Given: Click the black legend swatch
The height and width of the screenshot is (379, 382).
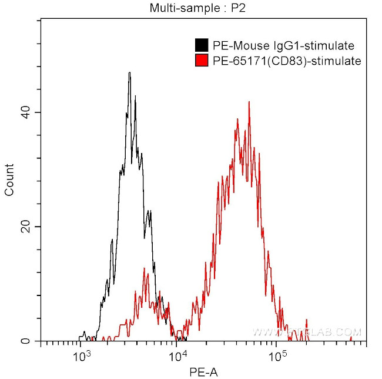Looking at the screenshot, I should tap(202, 45).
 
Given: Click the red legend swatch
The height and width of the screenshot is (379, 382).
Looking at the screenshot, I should tap(202, 60).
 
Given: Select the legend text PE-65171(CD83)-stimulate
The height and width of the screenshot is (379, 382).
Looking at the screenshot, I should tap(286, 60).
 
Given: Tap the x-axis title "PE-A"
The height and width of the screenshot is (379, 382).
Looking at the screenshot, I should tap(203, 372).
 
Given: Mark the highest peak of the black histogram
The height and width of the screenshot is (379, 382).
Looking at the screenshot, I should tap(129, 73).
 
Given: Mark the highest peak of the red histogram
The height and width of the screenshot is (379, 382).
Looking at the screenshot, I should tap(249, 102).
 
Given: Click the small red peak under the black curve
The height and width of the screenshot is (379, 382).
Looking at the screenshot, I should tap(145, 270).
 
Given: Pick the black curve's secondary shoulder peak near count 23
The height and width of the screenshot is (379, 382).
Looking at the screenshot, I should tap(149, 211).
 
